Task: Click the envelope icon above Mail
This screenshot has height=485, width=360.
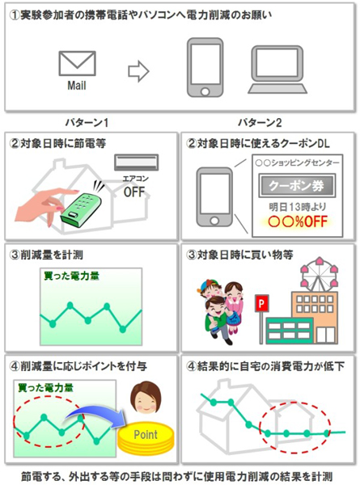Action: click(77, 63)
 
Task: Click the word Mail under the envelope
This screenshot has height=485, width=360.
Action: click(77, 86)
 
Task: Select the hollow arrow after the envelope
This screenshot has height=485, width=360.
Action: click(138, 71)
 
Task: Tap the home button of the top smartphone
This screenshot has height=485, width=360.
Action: click(205, 91)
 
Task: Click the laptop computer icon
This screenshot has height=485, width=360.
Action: click(277, 70)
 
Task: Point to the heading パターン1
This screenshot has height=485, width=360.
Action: click(87, 123)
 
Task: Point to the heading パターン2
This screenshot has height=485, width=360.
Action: click(260, 123)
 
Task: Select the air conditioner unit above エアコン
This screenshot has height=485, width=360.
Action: click(136, 162)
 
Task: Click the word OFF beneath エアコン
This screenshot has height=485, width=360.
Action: click(134, 192)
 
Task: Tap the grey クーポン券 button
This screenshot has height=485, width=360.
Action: click(297, 185)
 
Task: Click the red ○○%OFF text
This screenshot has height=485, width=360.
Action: click(298, 221)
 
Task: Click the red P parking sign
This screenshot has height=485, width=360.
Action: click(261, 303)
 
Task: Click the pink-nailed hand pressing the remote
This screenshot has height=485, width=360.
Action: click(45, 205)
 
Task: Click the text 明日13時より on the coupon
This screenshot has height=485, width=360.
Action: click(298, 207)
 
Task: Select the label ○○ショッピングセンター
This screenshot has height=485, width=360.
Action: click(297, 163)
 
